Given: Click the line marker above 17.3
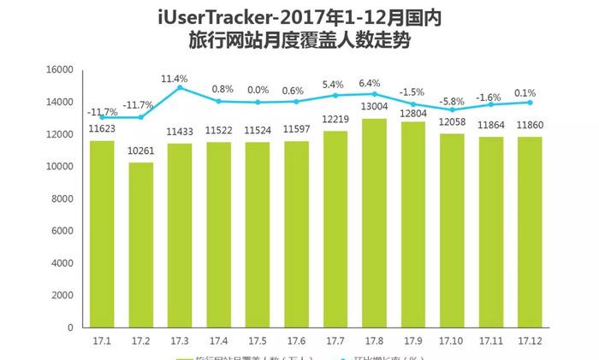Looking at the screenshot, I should (x=180, y=88).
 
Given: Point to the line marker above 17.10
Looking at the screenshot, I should (x=452, y=109).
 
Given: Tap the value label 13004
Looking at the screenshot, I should (x=374, y=108).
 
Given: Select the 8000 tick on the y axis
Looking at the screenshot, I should (x=59, y=198).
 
